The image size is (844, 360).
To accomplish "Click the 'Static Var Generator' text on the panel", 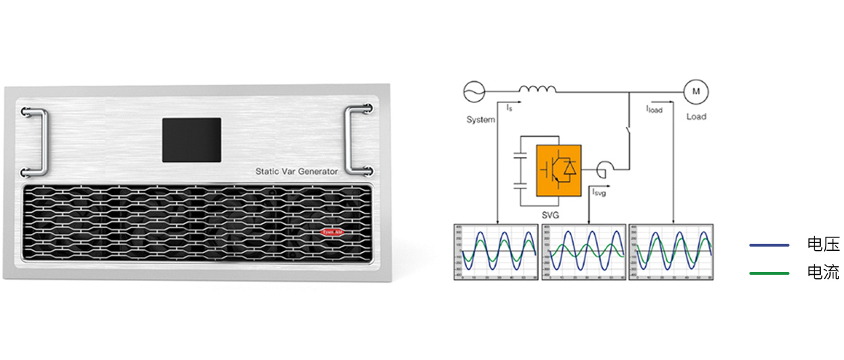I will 297,171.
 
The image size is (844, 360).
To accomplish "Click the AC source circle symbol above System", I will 473,90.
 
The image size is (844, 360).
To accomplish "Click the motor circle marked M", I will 696,91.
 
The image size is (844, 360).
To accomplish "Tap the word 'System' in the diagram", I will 480,120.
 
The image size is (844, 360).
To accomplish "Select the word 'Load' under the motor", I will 696,116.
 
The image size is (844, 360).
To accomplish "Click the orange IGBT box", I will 559,170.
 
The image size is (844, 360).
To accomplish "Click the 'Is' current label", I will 509,108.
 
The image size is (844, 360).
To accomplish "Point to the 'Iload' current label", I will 654,109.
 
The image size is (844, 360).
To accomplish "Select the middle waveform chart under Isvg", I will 582,253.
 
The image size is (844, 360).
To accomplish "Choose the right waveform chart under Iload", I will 671,253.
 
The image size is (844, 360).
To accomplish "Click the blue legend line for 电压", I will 769,245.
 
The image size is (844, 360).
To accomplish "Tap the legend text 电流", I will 823,272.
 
